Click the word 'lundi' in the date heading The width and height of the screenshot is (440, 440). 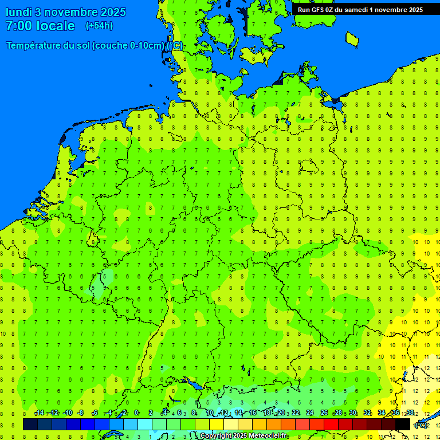click(x=18, y=12)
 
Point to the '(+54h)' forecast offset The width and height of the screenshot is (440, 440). click(x=99, y=26)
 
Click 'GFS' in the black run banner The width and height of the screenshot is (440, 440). click(x=318, y=10)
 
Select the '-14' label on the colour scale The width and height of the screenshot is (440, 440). click(x=39, y=413)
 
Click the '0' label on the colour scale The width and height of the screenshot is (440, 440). click(x=136, y=413)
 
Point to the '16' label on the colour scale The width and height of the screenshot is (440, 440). click(x=253, y=413)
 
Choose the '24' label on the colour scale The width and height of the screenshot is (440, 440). click(x=310, y=413)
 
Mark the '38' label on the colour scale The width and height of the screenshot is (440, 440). click(x=410, y=413)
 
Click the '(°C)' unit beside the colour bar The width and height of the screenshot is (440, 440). click(x=421, y=425)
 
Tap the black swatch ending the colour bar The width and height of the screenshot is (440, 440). click(x=403, y=424)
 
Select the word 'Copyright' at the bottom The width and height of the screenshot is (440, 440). click(x=217, y=436)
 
